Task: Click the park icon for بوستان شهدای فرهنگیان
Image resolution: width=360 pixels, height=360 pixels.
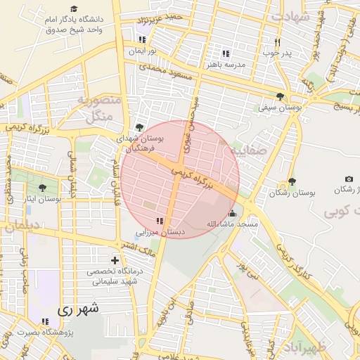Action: tap(139, 127)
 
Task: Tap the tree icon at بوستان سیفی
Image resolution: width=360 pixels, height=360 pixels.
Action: tap(281, 96)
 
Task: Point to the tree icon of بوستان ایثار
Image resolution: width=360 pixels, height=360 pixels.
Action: tap(42, 188)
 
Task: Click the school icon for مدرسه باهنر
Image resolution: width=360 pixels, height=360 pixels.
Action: tap(225, 53)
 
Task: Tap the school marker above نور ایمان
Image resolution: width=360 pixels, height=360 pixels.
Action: tap(143, 40)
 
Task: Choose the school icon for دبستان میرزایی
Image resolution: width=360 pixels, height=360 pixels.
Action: tap(168, 220)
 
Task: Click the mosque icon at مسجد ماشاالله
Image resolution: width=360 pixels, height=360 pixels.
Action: tap(232, 213)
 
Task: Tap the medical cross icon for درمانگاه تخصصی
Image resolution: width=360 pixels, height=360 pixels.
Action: tap(115, 260)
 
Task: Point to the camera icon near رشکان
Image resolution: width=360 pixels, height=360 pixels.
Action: tap(349, 179)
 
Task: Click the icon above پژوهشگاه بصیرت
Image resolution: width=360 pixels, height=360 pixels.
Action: tap(46, 321)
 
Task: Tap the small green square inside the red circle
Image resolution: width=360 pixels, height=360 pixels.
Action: tap(149, 205)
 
